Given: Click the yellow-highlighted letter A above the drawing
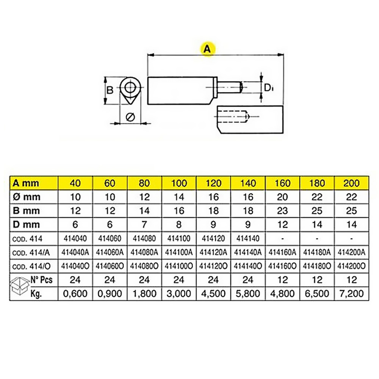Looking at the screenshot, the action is [x=207, y=49].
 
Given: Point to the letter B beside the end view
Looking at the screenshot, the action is [x=110, y=91].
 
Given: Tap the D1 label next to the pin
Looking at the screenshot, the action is [x=269, y=88].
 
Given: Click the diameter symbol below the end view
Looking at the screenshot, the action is [x=130, y=117].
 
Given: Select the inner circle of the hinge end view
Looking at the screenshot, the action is [x=130, y=87].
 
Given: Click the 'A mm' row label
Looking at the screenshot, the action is [x=26, y=183].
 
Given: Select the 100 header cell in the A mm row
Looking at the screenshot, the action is [x=179, y=183].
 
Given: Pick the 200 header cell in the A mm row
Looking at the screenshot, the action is [x=351, y=183].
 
